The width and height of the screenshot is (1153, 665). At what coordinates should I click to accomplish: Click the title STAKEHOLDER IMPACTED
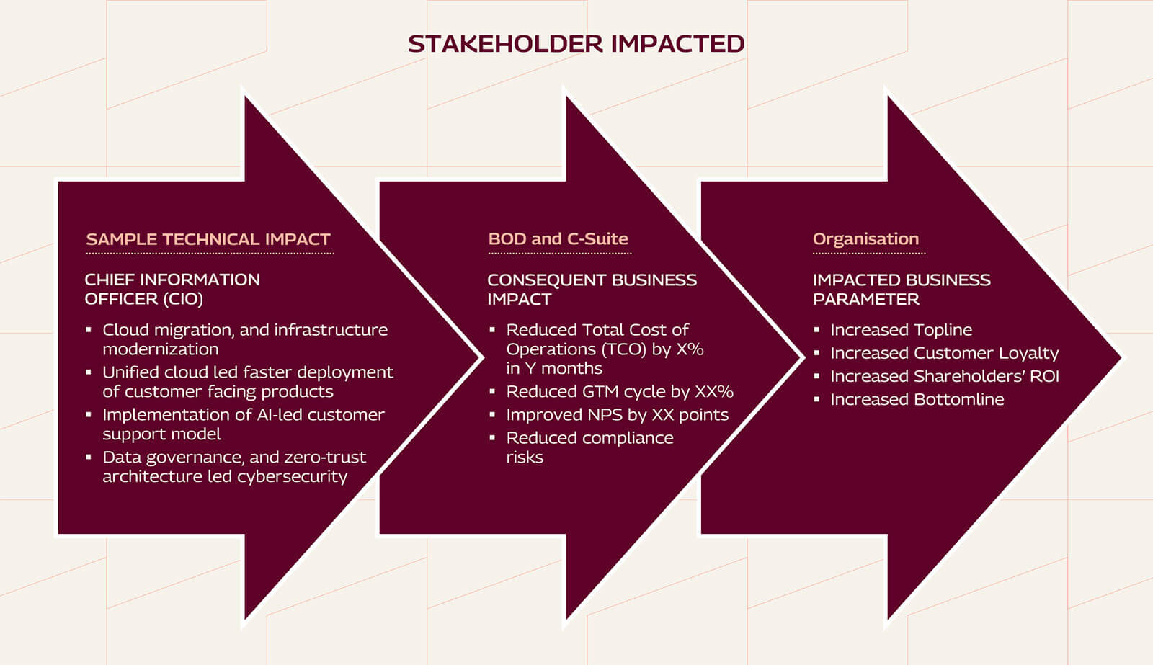point(576,44)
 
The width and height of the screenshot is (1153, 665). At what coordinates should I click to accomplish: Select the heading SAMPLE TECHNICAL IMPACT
point(208,239)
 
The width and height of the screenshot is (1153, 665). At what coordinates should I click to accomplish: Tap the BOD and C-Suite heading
point(558,239)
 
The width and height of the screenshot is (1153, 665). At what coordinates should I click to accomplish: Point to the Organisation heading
point(865,239)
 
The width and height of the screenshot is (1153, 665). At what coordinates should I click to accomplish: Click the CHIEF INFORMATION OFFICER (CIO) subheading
point(172,289)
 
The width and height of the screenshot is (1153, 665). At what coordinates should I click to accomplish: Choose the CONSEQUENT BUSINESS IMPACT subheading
point(592,289)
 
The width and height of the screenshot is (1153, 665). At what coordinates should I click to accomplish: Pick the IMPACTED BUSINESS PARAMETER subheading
point(902,289)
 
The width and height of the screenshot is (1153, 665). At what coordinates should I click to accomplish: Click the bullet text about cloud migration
point(244,339)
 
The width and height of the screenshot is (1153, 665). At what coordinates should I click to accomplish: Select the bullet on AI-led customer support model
point(243,424)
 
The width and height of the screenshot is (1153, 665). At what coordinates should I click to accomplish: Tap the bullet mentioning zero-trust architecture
point(233,467)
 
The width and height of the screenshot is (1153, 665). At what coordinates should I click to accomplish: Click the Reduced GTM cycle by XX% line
point(620,392)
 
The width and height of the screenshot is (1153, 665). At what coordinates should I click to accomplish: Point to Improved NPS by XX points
point(617,415)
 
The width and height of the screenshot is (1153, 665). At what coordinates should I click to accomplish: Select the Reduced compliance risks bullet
point(589,447)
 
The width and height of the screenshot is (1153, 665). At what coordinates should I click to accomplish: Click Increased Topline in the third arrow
point(901,330)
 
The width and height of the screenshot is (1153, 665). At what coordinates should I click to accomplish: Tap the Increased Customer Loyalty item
point(944,353)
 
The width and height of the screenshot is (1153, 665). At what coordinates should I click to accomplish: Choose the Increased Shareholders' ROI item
point(944,376)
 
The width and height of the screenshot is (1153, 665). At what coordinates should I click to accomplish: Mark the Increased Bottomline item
point(917,399)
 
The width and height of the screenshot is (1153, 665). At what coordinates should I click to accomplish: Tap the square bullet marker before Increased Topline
point(816,330)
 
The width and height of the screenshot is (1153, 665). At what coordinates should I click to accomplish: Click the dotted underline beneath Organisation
point(868,254)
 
